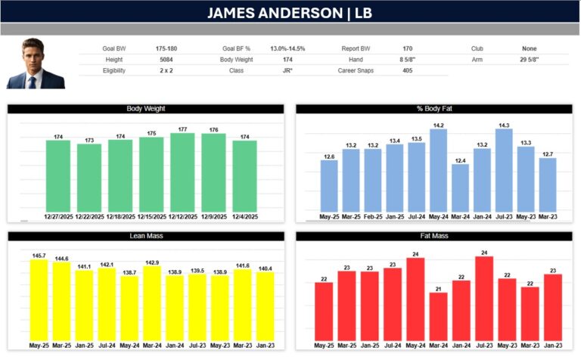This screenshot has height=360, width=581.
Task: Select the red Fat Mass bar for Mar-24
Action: (x=437, y=316)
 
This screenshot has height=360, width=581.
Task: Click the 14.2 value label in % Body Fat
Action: (x=438, y=125)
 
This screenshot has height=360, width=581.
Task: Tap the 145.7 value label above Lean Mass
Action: (x=38, y=255)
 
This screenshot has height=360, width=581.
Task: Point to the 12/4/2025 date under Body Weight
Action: (x=244, y=216)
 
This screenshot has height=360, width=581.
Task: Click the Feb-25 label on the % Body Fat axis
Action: (x=372, y=216)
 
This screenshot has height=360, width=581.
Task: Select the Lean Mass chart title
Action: (x=145, y=237)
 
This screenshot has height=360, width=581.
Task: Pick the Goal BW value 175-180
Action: (x=166, y=48)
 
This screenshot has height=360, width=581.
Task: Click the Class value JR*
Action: (x=287, y=70)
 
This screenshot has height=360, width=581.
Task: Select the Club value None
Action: (x=530, y=48)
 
